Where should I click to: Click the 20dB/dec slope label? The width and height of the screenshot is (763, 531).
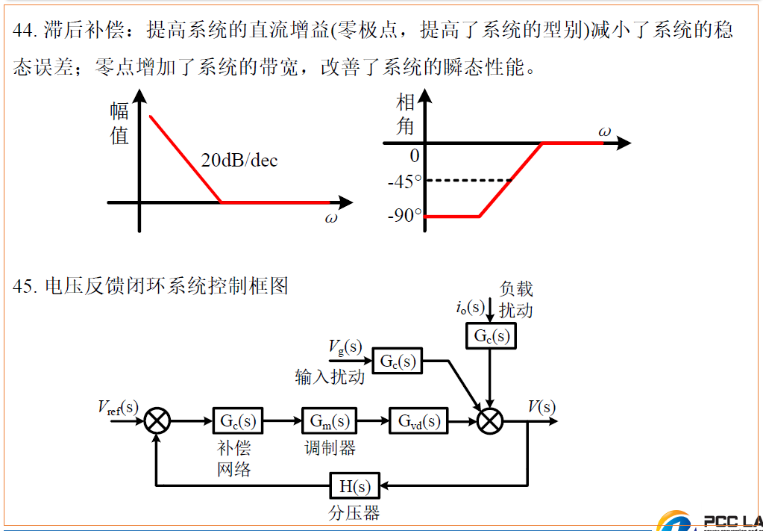[x=239, y=160]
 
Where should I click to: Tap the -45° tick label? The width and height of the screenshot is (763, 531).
[x=405, y=181]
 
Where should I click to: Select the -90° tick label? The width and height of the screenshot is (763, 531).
[x=405, y=217]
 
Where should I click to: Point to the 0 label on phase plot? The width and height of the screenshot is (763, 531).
[x=415, y=156]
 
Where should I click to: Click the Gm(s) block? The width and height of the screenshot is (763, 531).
[x=330, y=421]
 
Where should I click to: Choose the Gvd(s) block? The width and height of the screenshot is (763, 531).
[x=418, y=421]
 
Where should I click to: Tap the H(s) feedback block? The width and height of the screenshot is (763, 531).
[x=355, y=487]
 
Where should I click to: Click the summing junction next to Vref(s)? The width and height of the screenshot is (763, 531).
[x=157, y=421]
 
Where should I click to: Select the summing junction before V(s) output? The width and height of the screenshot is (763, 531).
[x=490, y=421]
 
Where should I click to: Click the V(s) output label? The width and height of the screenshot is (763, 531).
[x=541, y=406]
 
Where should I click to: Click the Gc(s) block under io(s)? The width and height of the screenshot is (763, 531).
[x=491, y=337]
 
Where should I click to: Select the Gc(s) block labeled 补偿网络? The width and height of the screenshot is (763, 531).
[x=237, y=421]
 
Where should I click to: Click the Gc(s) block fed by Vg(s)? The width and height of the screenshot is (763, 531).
[x=397, y=361]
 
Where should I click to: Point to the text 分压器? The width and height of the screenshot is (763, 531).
[x=354, y=514]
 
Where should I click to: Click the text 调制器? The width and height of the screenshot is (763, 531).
[x=330, y=448]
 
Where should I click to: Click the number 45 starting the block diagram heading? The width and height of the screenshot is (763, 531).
[x=23, y=286]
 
